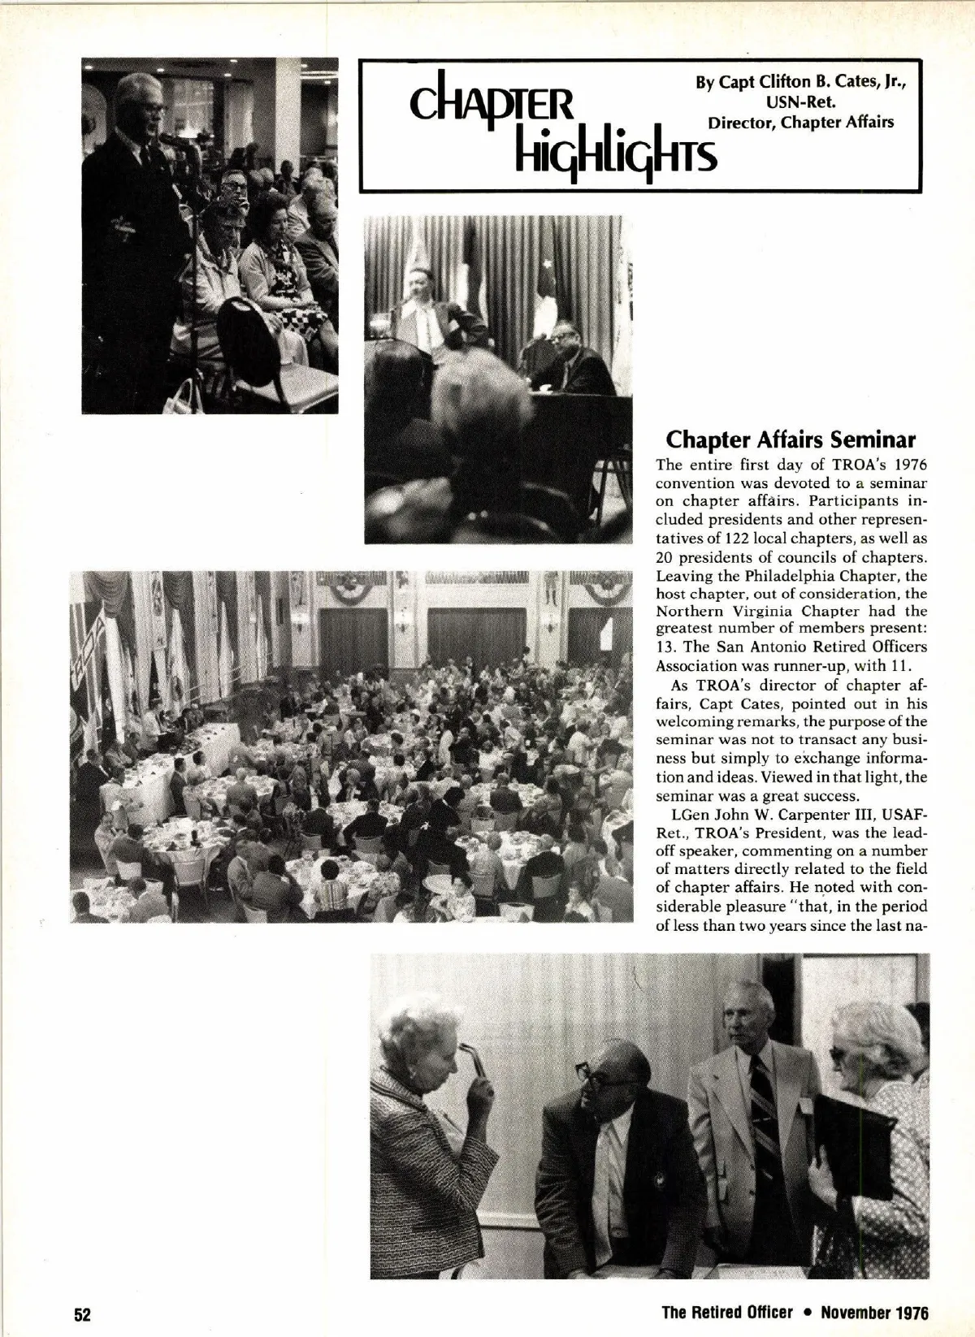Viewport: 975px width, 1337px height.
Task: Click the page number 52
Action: [x=81, y=1315]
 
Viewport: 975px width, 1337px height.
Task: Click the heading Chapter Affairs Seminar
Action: [x=791, y=440]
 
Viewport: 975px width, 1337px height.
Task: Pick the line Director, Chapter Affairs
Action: [x=800, y=123]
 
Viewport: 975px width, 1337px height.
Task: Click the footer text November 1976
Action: [x=874, y=1313]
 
